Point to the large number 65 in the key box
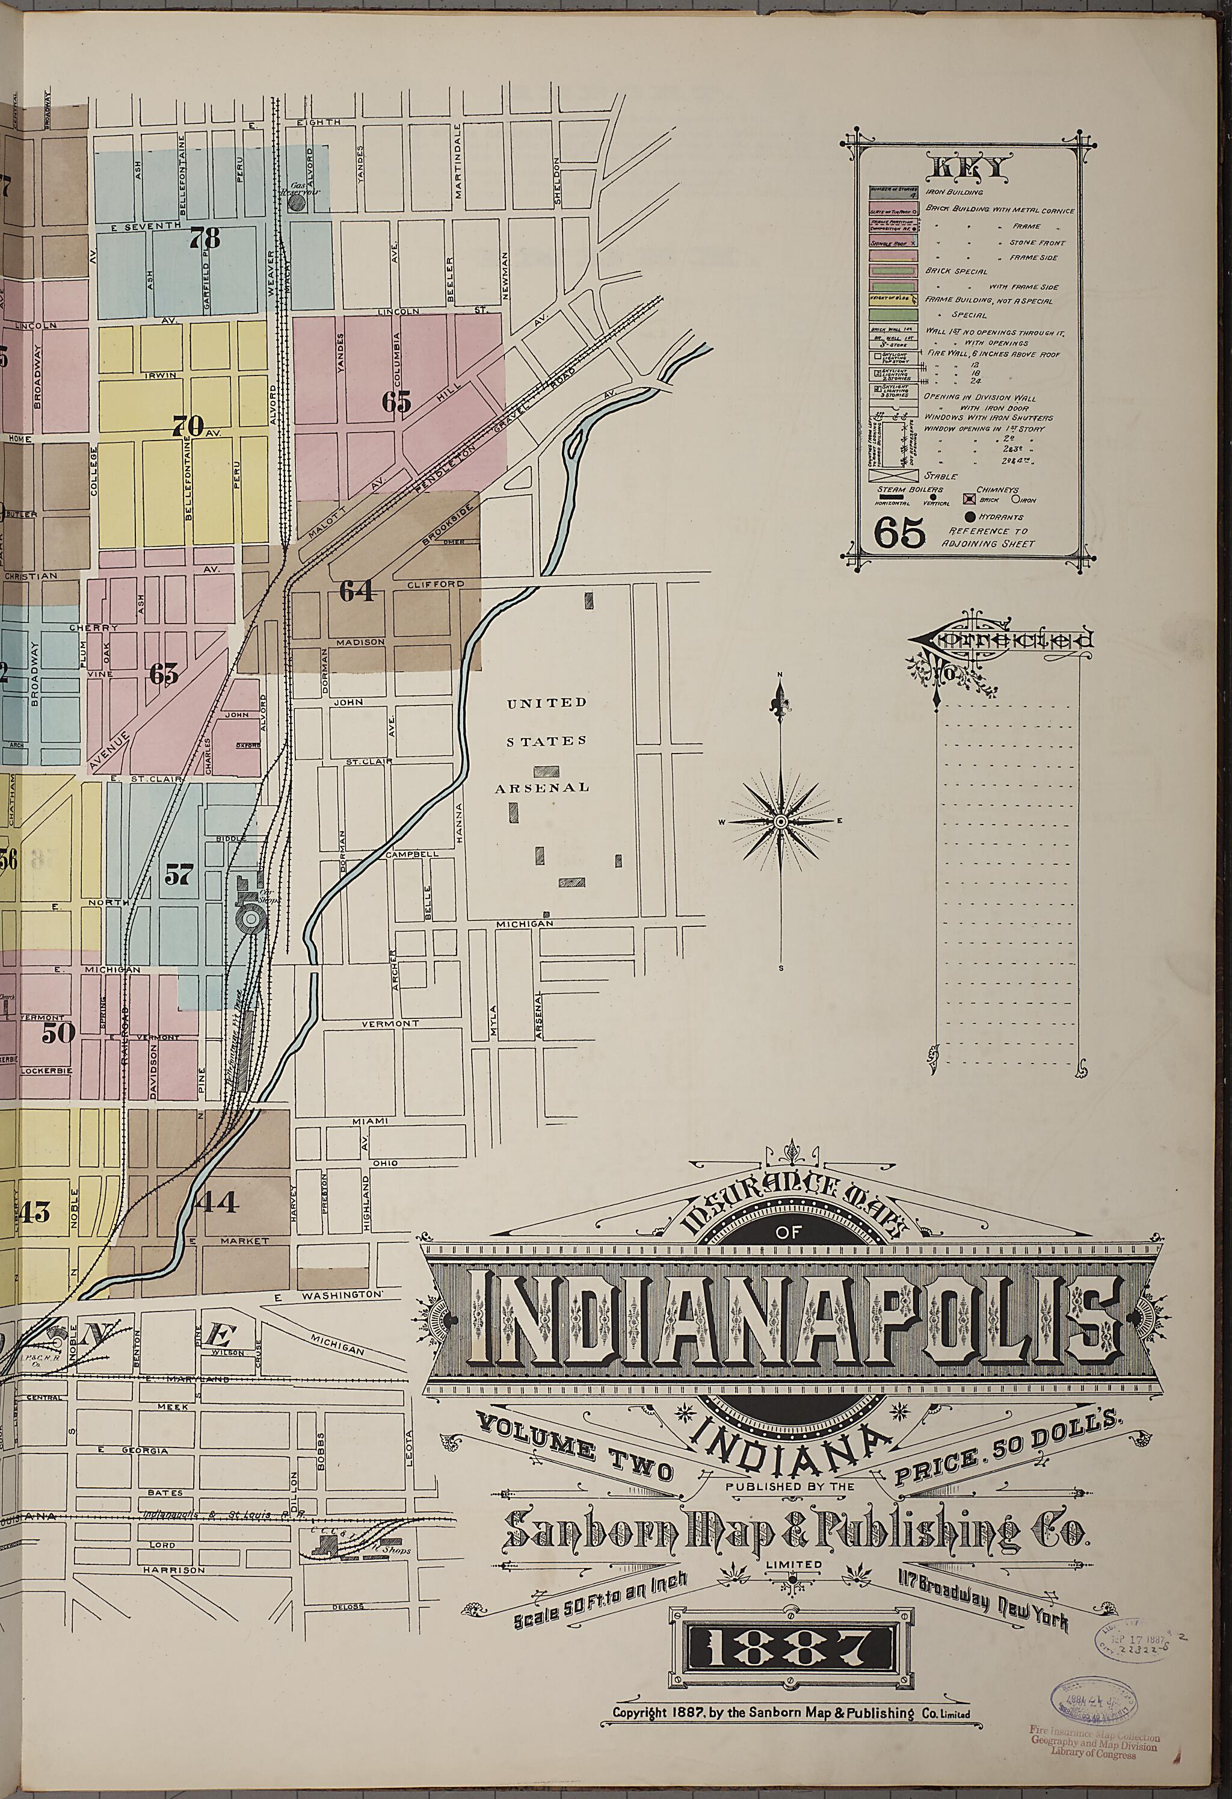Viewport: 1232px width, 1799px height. (x=899, y=533)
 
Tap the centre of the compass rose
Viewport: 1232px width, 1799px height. (x=781, y=820)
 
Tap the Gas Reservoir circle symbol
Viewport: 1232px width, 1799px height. (x=295, y=203)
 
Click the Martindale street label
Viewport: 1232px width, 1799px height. (x=458, y=160)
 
